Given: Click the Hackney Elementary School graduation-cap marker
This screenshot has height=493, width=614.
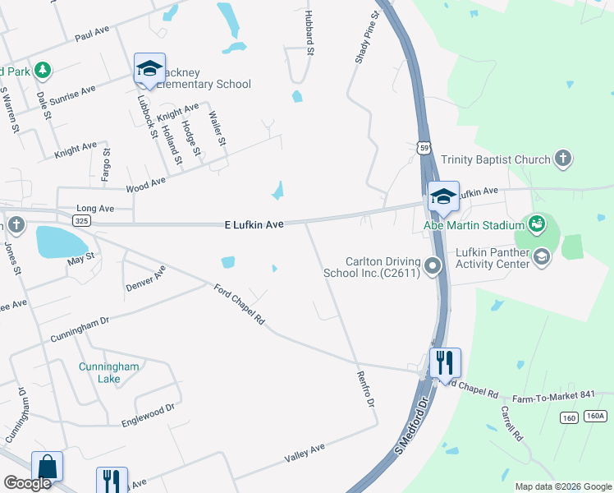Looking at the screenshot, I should point(149,69).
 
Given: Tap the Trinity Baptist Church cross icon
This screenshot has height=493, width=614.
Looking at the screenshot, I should point(562,159).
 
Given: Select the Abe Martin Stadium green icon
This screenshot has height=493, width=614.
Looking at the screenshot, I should point(537,223).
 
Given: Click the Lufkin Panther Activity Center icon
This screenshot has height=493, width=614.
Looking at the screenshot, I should point(541,257).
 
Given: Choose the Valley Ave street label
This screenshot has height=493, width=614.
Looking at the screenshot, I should point(305,452).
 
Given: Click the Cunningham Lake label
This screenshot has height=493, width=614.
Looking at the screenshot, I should point(99,372).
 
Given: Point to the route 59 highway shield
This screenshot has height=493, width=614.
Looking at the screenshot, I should point(423,147).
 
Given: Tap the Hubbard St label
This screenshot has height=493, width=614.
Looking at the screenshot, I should point(309,33).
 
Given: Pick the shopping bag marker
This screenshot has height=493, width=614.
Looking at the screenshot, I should point(47,466).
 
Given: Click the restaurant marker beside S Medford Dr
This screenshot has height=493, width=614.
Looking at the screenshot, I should point(445,362).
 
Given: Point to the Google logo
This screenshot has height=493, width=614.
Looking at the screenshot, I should point(27,483).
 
